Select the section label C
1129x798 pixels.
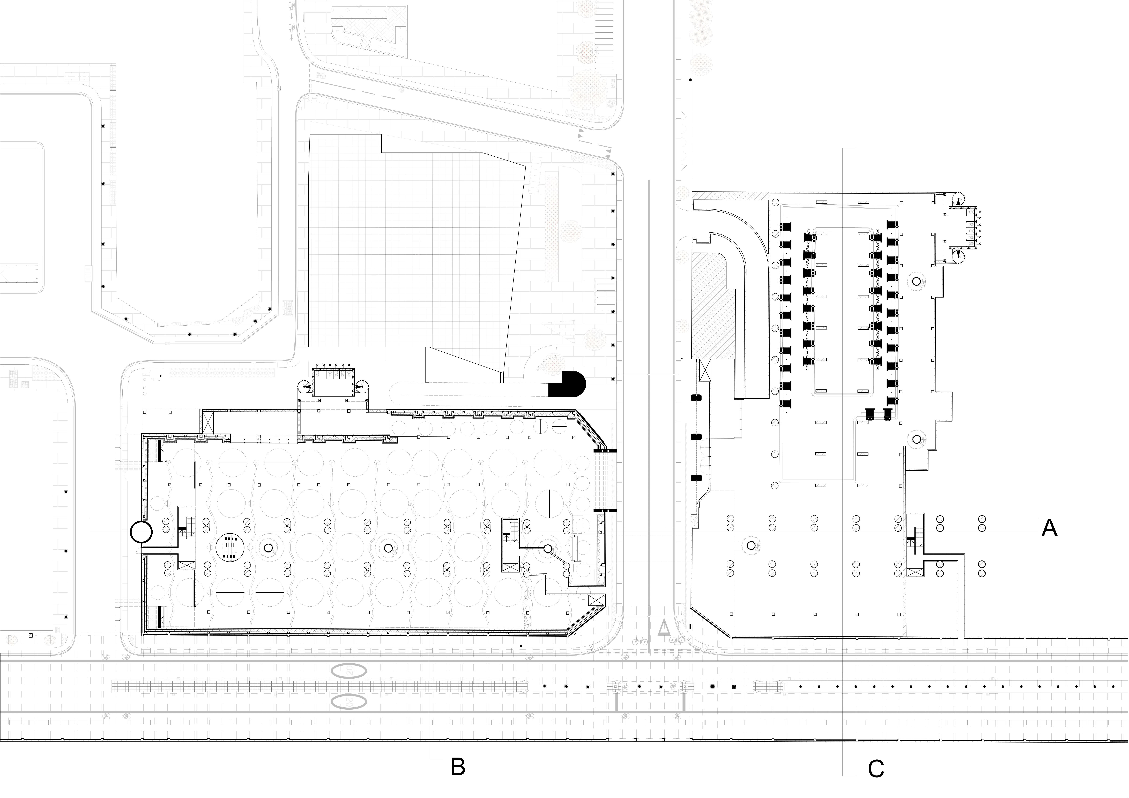point(876,769)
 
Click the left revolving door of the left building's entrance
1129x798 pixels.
point(306,388)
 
